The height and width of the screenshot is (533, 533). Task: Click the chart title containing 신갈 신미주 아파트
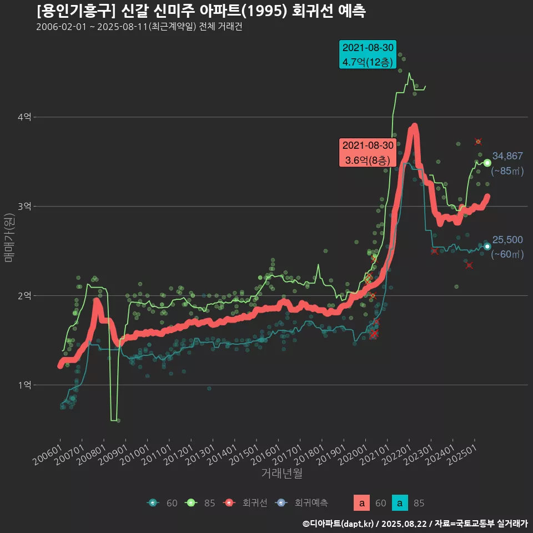click(x=200, y=12)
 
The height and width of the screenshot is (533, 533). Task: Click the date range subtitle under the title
click(x=139, y=27)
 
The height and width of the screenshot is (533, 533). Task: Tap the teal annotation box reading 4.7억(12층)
click(x=368, y=54)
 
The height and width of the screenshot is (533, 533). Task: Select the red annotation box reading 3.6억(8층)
click(x=368, y=153)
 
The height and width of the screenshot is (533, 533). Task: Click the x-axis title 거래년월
click(x=282, y=474)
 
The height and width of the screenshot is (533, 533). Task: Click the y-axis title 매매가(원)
click(x=9, y=235)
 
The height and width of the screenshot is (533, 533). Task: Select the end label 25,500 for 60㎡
click(x=507, y=240)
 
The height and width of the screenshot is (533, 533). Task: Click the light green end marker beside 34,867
click(x=487, y=163)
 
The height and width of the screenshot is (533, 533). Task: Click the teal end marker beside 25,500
click(x=487, y=247)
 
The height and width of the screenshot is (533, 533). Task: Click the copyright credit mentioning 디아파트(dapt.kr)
click(x=415, y=523)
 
